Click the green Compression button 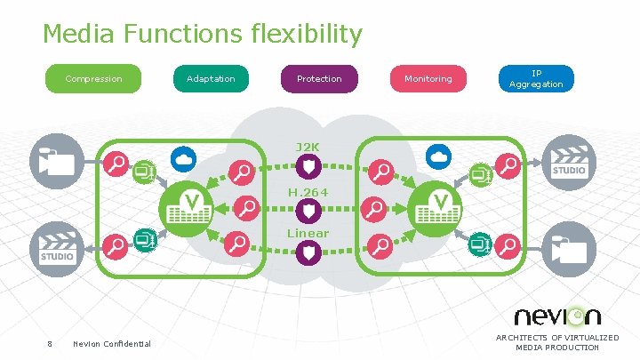pyautogui.click(x=94, y=79)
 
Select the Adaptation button pyautogui.click(x=211, y=79)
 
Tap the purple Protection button pyautogui.click(x=318, y=79)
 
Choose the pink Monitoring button pyautogui.click(x=428, y=79)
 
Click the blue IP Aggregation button pyautogui.click(x=535, y=79)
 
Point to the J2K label pyautogui.click(x=307, y=147)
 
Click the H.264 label pyautogui.click(x=307, y=190)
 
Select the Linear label pyautogui.click(x=307, y=234)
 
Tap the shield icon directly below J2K pyautogui.click(x=307, y=166)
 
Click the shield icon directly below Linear pyautogui.click(x=307, y=254)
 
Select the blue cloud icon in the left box pyautogui.click(x=184, y=157)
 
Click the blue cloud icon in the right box pyautogui.click(x=438, y=156)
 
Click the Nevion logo pyautogui.click(x=557, y=316)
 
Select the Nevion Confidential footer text pyautogui.click(x=112, y=344)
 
